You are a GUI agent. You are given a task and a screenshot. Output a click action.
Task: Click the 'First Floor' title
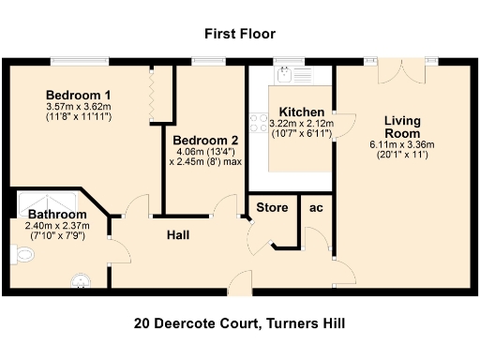240,35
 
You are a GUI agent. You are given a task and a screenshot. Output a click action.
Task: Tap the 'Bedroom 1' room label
79,96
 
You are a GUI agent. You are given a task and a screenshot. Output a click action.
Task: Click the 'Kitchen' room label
301,112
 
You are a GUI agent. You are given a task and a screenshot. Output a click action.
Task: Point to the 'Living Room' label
401,127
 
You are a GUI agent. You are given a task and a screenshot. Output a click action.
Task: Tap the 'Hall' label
178,234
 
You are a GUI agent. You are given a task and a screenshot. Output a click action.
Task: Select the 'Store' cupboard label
272,206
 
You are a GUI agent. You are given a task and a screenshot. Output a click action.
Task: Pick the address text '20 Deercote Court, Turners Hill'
240,323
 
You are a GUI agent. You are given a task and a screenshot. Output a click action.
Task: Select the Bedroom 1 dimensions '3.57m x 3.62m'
79,107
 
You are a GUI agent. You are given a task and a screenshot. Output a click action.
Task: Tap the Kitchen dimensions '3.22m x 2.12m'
301,123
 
